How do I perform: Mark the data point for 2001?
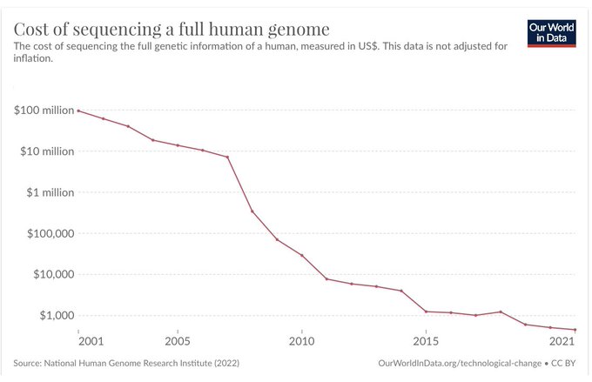tap(78, 111)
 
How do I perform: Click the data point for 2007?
tap(227, 157)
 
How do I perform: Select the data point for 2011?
tap(326, 278)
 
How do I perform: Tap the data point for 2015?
tap(426, 312)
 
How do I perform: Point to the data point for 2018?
tap(501, 312)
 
